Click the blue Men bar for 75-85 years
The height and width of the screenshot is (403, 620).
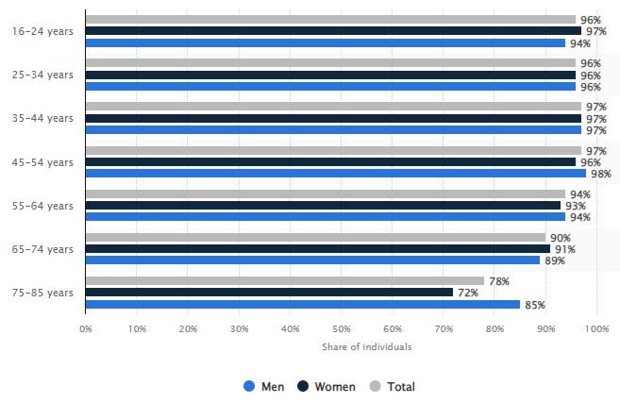pyautogui.click(x=302, y=304)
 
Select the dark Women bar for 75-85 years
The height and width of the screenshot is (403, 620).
pyautogui.click(x=269, y=293)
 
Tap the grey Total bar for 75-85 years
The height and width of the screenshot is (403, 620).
pyautogui.click(x=284, y=281)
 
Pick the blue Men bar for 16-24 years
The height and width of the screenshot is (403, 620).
pyautogui.click(x=325, y=42)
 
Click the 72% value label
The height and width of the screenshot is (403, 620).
pyautogui.click(x=466, y=293)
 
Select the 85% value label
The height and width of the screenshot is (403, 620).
pyautogui.click(x=533, y=304)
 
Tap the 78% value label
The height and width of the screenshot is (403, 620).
pyautogui.click(x=497, y=281)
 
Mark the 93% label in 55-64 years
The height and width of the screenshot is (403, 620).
pyautogui.click(x=575, y=206)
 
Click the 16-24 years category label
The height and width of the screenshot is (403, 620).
pyautogui.click(x=42, y=31)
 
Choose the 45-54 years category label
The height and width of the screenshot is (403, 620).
pyautogui.click(x=42, y=162)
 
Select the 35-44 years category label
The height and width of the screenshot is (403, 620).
pyautogui.click(x=42, y=118)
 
